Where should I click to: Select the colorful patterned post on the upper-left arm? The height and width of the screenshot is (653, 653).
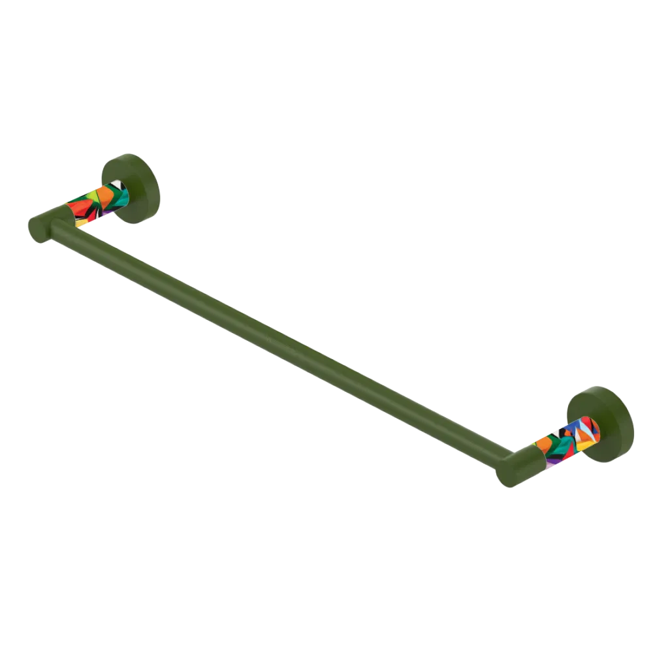coord(98,205)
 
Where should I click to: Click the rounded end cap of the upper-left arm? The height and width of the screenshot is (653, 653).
coord(40,229)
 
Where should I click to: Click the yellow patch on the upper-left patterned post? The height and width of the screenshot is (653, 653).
coord(81,223)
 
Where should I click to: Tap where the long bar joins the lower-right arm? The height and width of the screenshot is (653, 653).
coord(503,457)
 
